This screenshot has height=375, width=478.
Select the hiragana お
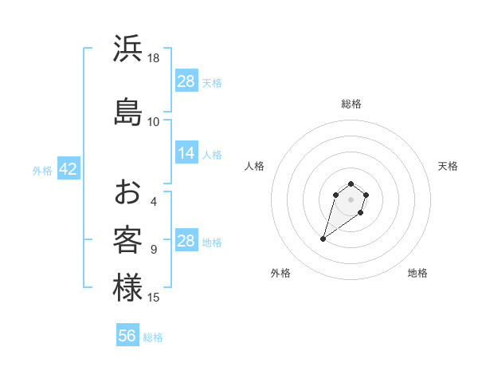128,191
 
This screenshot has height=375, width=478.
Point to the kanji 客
128,239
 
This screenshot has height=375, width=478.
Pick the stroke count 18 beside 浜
154,58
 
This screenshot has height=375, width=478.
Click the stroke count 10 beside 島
154,121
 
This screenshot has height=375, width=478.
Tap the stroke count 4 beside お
154,201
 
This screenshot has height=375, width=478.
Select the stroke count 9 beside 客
154,250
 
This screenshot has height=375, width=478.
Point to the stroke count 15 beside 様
154,298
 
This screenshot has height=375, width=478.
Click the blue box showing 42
67,169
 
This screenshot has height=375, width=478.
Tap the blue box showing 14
186,153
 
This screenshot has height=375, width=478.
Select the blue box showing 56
127,336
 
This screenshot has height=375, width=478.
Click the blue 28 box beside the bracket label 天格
186,81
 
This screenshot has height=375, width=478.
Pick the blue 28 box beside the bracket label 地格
186,241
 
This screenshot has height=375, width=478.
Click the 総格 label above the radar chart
351,104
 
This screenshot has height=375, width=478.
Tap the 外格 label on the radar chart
280,273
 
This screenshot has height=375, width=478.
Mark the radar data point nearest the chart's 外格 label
323,239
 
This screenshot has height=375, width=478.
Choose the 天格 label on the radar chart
448,166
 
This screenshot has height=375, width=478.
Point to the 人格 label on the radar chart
254,166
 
